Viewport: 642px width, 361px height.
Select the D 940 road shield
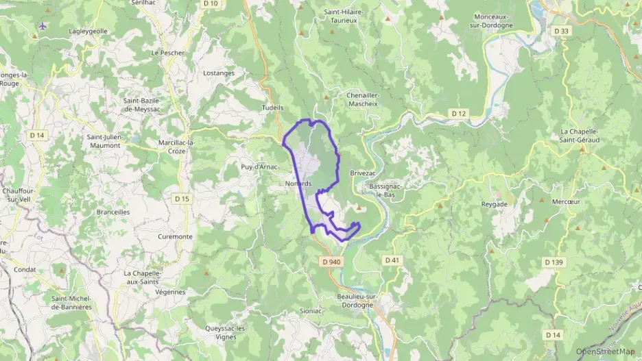[x=331, y=261]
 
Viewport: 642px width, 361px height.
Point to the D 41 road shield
[x=392, y=260]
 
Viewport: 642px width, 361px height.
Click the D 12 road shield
[x=459, y=112]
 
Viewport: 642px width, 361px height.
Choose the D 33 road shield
[x=561, y=31]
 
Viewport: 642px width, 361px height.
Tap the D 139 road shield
[x=554, y=262]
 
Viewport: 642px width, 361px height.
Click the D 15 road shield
[x=181, y=199]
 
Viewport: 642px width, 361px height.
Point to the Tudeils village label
[x=272, y=108]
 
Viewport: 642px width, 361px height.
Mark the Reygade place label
[x=494, y=204]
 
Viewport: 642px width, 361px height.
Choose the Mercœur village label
[x=566, y=201]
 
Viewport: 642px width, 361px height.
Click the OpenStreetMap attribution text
[x=605, y=351]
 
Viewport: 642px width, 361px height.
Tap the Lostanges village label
[x=219, y=73]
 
